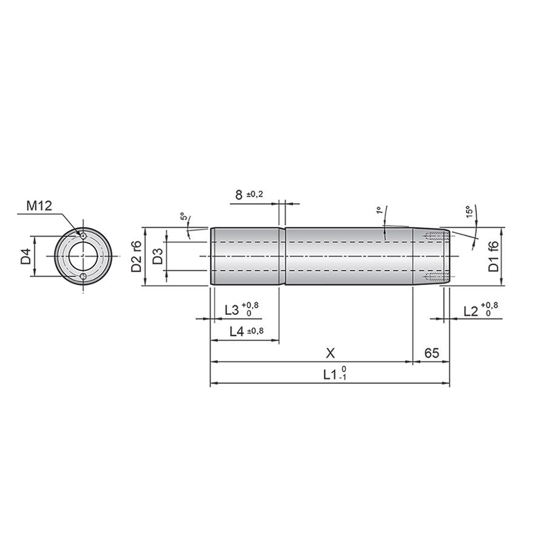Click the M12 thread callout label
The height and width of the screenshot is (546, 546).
(39, 206)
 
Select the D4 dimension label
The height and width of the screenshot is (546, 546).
(26, 257)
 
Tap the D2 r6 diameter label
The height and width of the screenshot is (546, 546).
(136, 256)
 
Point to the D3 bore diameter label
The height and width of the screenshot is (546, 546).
(158, 256)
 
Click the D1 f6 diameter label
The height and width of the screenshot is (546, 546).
(493, 256)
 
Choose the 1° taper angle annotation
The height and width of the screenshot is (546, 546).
(379, 210)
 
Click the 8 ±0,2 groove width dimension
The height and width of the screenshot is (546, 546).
(249, 195)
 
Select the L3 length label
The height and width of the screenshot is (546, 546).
(241, 309)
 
